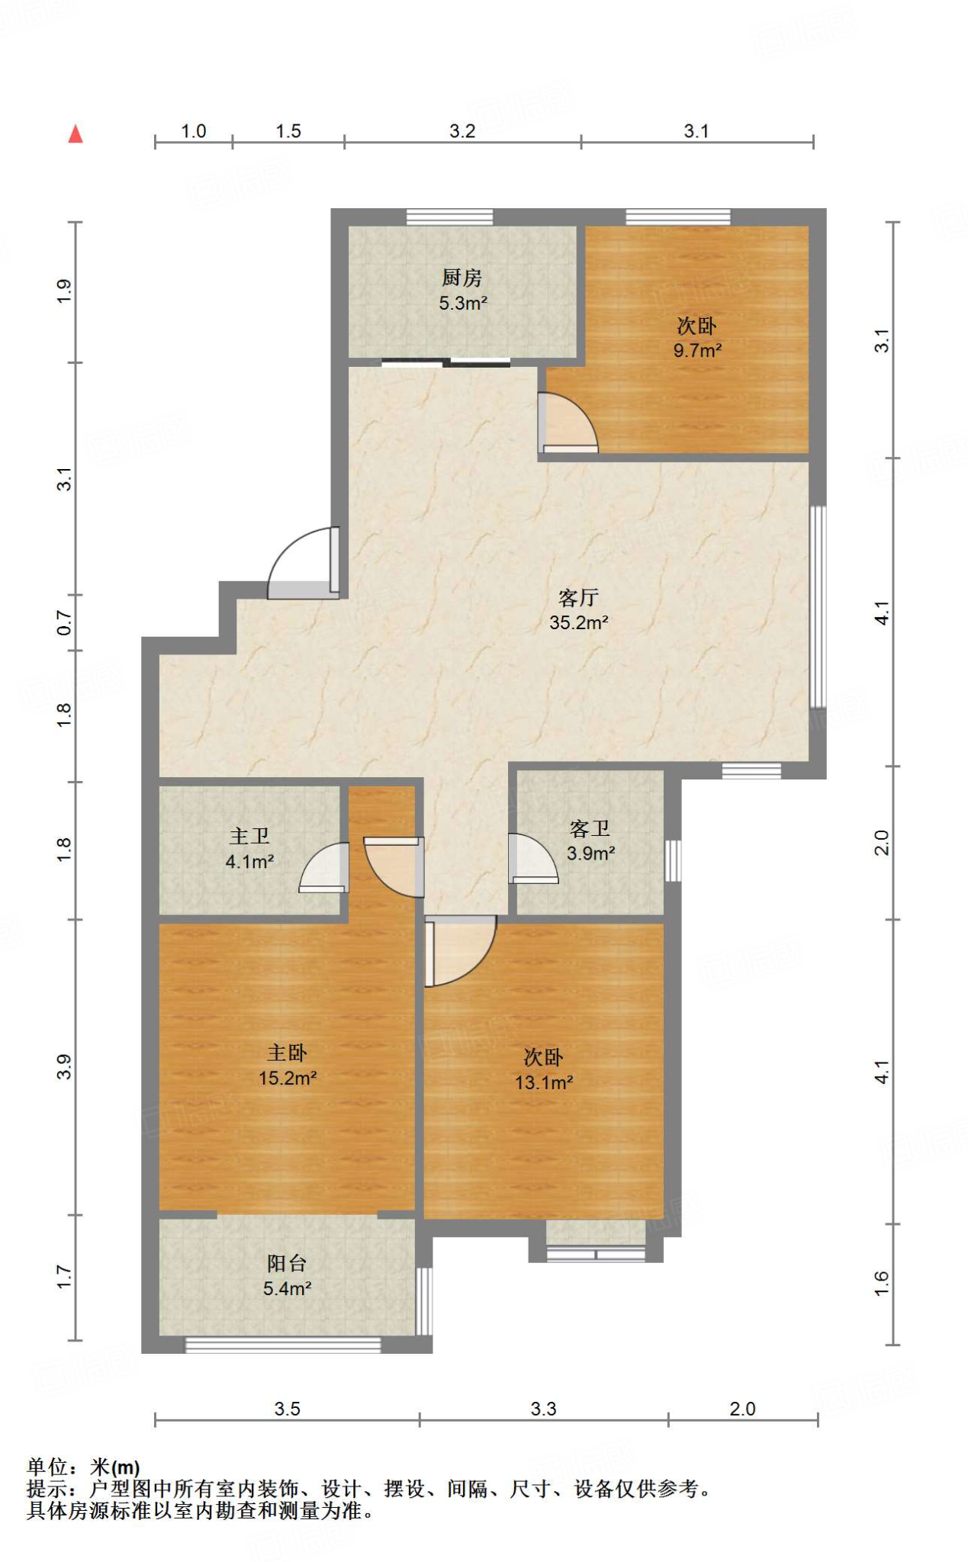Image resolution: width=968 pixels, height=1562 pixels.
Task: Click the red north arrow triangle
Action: (75, 134)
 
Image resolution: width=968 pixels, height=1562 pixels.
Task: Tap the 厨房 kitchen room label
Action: (462, 278)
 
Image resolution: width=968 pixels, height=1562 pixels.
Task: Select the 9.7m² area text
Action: (697, 351)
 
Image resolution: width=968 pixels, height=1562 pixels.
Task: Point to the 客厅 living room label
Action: (578, 597)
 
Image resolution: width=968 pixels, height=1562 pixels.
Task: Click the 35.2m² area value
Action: (579, 622)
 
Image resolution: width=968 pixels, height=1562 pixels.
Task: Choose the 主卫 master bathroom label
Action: (249, 836)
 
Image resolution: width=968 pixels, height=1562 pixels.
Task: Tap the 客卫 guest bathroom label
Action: (590, 828)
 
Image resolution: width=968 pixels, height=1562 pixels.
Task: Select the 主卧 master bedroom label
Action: (287, 1053)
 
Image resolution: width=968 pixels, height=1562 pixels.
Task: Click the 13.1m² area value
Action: (544, 1082)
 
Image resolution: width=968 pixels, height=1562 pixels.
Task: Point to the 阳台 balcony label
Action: (287, 1263)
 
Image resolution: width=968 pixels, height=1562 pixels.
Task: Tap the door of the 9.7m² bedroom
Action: (568, 422)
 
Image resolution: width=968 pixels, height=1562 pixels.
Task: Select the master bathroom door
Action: (324, 867)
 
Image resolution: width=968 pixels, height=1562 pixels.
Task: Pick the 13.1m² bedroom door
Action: (460, 951)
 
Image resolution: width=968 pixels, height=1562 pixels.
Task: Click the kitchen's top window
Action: (449, 217)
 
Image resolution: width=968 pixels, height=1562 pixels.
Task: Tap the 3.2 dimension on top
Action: (462, 131)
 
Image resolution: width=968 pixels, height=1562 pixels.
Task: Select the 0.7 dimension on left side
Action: (65, 623)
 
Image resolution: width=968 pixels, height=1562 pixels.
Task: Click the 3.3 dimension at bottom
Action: (544, 1409)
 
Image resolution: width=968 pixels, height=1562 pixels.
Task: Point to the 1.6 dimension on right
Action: (881, 1283)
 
